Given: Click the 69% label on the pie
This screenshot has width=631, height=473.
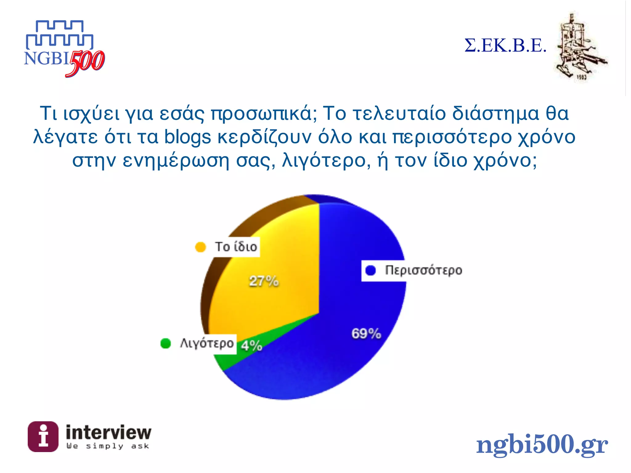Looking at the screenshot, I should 366,334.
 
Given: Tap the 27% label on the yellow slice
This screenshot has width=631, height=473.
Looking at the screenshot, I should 264,281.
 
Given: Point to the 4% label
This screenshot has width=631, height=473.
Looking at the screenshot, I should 251,346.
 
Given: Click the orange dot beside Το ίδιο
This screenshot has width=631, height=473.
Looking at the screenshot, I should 200,247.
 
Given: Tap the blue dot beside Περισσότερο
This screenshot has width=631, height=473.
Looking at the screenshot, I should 370,270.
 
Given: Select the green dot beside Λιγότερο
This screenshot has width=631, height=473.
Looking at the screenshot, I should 165,343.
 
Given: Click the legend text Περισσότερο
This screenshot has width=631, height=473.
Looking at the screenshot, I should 424,270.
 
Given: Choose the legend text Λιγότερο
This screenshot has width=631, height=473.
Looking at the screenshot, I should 207,343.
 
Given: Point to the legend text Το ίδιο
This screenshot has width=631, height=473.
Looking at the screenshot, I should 236,247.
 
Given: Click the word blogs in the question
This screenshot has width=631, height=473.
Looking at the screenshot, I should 187,137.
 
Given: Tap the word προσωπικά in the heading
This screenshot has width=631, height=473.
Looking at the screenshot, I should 261,113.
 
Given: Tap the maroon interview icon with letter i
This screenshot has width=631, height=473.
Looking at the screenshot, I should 43,436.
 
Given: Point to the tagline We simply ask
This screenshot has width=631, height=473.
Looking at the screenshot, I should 108,446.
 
